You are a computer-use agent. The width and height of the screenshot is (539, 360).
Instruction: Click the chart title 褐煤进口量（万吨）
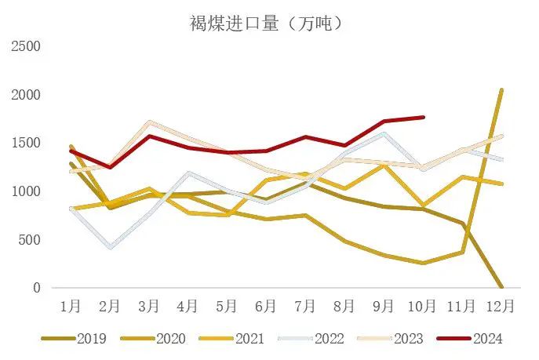[267, 24]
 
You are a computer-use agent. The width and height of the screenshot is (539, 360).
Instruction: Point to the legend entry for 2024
[469, 339]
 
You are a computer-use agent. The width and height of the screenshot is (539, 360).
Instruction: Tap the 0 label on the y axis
[35, 288]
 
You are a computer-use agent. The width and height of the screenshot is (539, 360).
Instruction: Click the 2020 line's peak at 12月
[501, 90]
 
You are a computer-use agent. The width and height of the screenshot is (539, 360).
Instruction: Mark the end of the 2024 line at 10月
[424, 118]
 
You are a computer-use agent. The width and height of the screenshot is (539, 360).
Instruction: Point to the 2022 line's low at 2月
[111, 248]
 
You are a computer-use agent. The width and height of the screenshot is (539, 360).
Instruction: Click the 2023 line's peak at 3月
[150, 122]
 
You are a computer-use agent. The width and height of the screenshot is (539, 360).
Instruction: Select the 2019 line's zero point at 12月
[501, 287]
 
